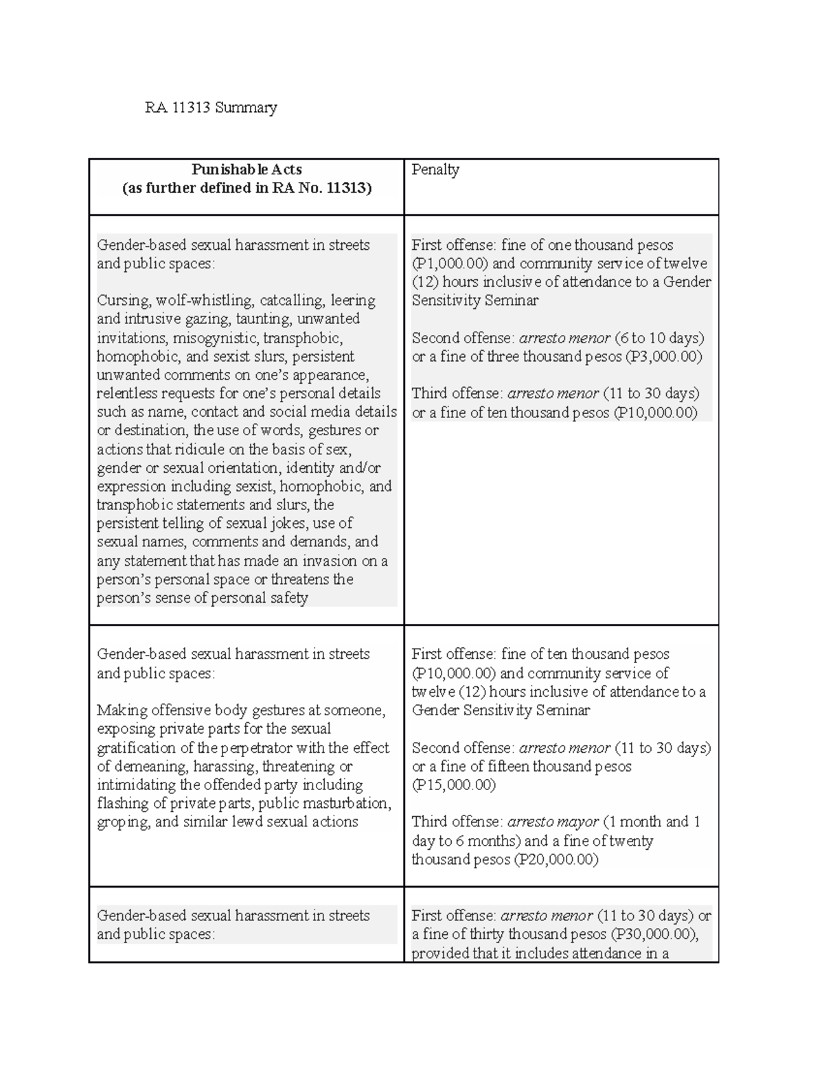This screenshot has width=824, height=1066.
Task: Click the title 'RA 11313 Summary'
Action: [210, 108]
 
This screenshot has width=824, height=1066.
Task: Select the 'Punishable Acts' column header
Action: [247, 170]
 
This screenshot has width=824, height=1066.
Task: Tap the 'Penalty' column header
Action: [435, 170]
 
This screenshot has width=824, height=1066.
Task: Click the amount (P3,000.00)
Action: [659, 356]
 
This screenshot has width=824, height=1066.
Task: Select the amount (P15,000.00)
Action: [453, 785]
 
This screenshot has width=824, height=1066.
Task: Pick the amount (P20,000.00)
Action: [556, 859]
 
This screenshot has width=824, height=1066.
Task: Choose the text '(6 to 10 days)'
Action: [659, 338]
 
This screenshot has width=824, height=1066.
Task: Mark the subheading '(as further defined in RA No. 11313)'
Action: [247, 188]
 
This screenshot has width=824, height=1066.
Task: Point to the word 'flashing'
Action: [122, 803]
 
